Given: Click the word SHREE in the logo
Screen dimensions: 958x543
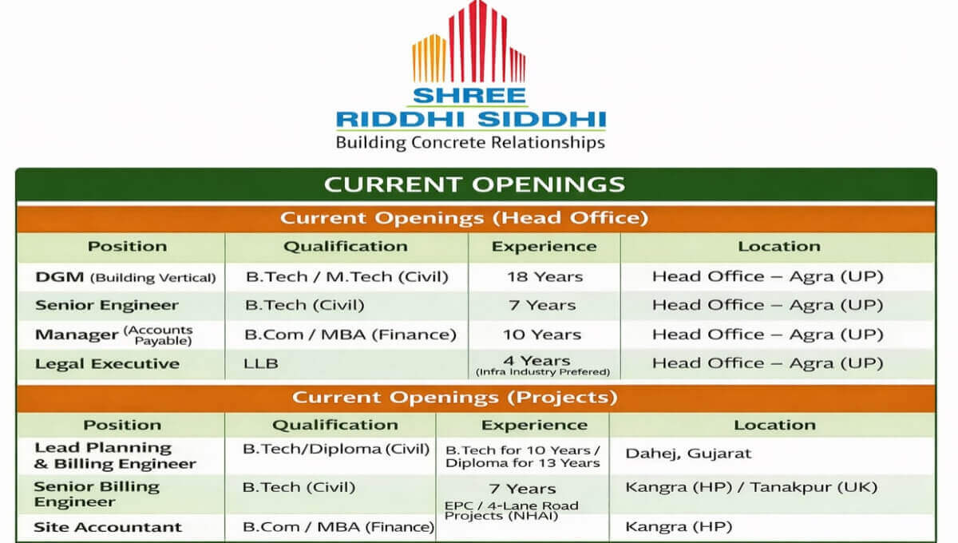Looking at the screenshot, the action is click(469, 95).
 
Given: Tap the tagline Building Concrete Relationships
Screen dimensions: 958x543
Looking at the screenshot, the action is click(470, 142).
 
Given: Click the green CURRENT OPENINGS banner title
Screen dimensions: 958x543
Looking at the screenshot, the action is click(474, 184).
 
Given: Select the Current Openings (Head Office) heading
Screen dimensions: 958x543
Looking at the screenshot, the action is click(464, 218).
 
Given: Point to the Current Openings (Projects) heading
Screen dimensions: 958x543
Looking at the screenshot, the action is click(455, 397).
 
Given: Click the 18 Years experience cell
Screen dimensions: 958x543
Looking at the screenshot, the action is click(544, 277).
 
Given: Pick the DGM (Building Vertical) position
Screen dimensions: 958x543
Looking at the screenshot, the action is click(125, 277).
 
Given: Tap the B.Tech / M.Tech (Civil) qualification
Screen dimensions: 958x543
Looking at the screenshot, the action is click(346, 277).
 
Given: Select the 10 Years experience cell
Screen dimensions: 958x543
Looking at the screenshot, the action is click(542, 335).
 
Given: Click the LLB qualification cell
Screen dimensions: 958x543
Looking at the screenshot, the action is click(261, 363).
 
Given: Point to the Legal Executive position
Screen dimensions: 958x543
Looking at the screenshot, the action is click(107, 363).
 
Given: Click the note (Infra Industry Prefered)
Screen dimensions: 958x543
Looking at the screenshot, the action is click(543, 372).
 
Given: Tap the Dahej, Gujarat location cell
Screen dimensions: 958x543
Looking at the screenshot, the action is click(688, 454).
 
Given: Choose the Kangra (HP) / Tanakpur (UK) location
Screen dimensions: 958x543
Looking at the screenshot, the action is click(751, 487).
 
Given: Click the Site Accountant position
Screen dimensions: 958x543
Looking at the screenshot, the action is click(108, 527).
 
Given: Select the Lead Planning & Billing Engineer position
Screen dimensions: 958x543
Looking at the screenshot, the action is click(115, 456).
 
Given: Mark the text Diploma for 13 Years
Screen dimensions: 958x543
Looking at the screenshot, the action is click(523, 463).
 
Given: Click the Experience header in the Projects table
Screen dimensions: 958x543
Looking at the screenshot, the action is click(534, 425).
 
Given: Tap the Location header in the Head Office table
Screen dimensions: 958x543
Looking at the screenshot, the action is click(779, 247).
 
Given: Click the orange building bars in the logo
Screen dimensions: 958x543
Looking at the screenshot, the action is click(429, 58).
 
